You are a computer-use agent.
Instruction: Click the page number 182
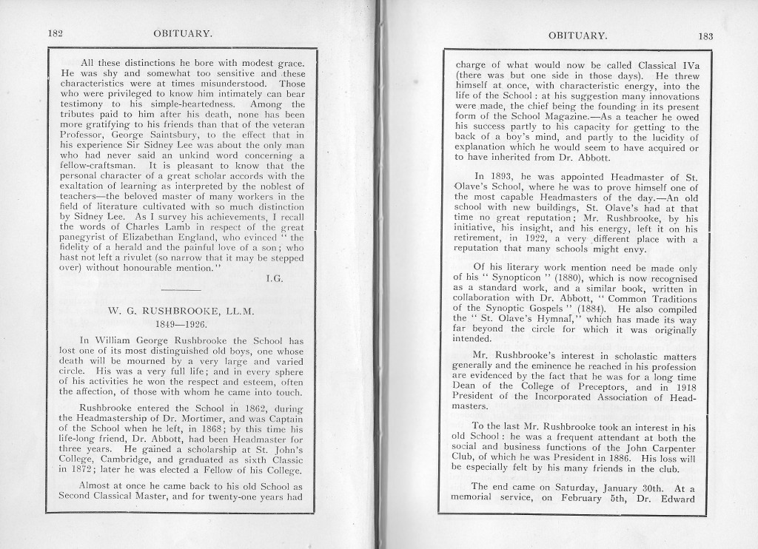(x=54, y=33)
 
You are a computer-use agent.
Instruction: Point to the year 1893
(x=500, y=175)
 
